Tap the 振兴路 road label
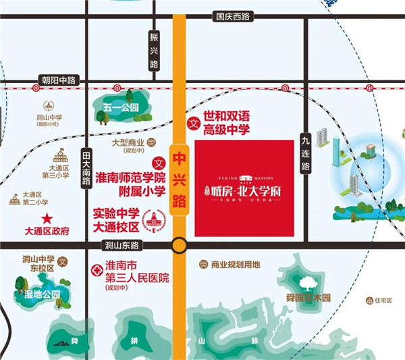[x=153, y=49]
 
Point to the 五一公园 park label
[x=121, y=107]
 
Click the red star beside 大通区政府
[x=47, y=218]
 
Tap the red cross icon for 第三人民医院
[x=96, y=269]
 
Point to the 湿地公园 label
[x=41, y=294]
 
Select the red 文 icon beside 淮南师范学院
[x=160, y=163]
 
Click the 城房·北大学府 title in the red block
[x=245, y=190]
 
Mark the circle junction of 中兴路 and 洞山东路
[x=179, y=245]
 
